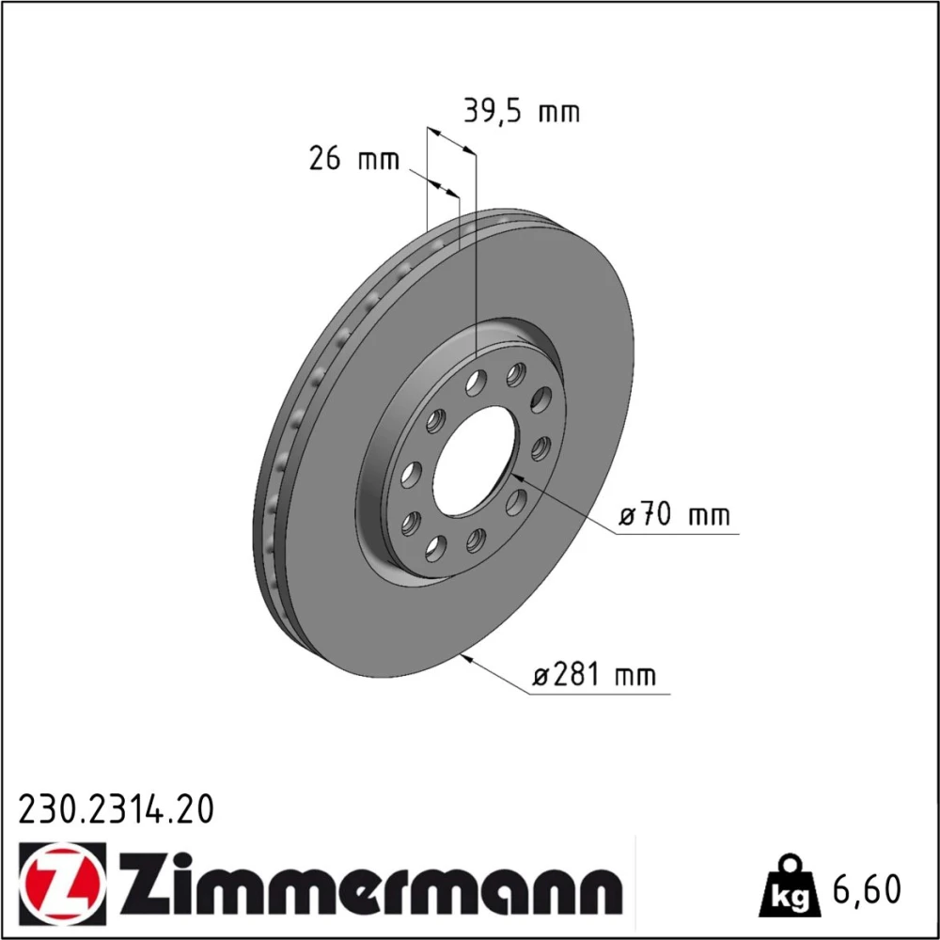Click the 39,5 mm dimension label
[522, 112]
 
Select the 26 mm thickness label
[353, 159]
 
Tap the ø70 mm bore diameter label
[674, 515]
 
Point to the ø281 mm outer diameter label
[594, 675]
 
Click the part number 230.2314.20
[117, 810]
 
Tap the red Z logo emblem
[62, 883]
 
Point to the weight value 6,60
[867, 889]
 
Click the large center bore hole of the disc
[474, 461]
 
